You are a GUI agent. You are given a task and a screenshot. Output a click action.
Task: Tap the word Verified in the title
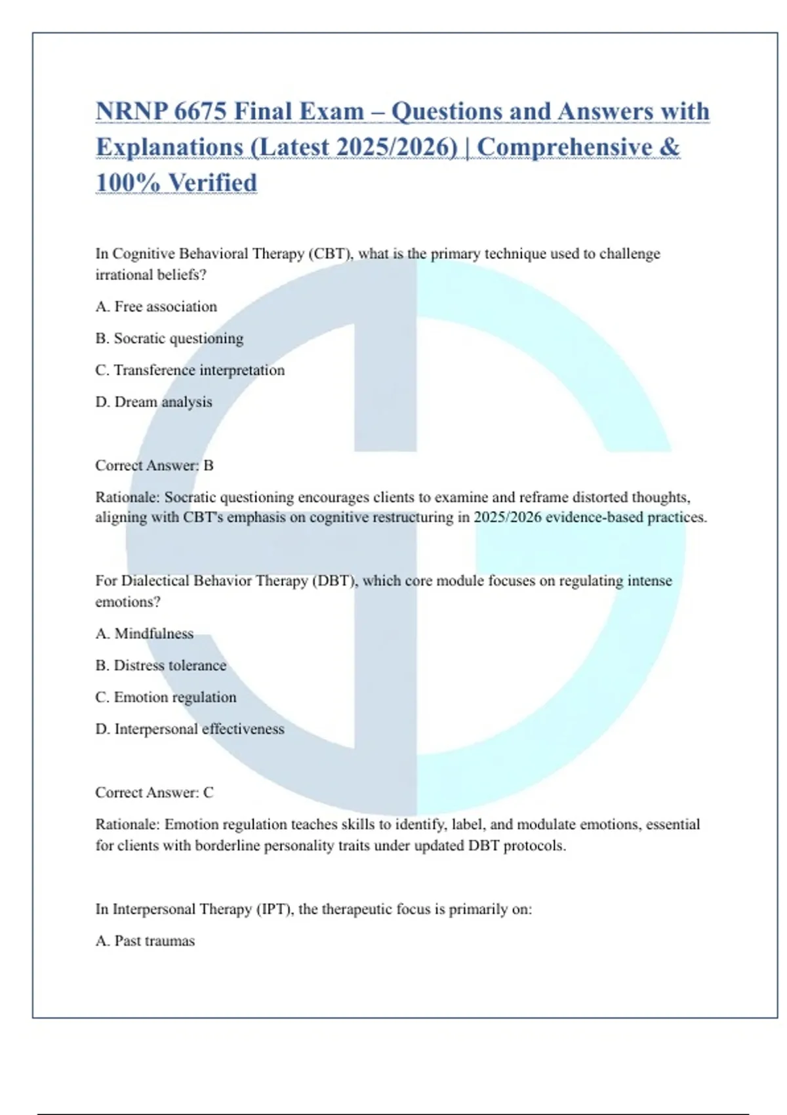pos(212,183)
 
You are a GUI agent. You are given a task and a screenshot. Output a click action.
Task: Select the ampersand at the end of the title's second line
pos(670,147)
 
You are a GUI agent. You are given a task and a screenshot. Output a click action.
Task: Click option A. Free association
pos(156,306)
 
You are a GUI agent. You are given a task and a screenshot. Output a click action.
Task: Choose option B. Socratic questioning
pos(169,338)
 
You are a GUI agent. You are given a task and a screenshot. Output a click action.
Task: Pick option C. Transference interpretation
pos(190,370)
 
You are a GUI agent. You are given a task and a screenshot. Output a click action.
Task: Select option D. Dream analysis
pos(154,401)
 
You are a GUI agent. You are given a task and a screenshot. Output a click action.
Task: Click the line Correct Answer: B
pos(155,466)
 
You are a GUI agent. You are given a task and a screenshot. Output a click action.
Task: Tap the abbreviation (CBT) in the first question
pos(331,254)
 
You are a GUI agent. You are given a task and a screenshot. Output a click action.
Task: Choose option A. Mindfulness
pos(144,634)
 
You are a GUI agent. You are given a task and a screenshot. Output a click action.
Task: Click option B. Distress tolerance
pos(161,665)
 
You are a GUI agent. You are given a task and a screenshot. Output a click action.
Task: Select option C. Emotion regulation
pos(166,697)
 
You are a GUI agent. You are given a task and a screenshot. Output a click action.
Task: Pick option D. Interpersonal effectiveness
pos(190,729)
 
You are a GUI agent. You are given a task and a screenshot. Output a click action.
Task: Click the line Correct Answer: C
pos(155,792)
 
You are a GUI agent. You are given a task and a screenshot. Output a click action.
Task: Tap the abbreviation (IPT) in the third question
pos(275,909)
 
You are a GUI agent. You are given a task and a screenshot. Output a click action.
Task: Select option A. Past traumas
pos(145,941)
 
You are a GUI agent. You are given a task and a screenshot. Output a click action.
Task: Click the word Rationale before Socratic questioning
pos(127,497)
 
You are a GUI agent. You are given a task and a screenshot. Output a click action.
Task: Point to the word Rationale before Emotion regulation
pos(127,824)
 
